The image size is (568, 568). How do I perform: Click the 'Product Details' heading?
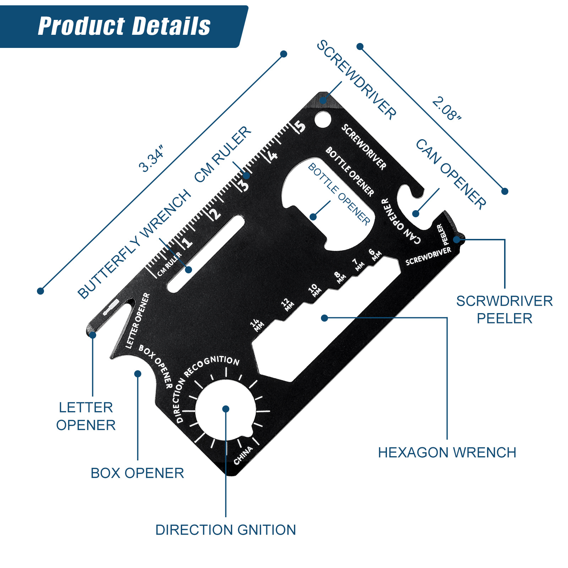(124, 26)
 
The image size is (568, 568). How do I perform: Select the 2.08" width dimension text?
(447, 108)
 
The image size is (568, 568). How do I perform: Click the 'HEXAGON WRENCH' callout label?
(447, 453)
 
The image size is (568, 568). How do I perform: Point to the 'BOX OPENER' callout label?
(137, 473)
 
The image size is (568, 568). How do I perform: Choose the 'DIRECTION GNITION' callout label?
(226, 530)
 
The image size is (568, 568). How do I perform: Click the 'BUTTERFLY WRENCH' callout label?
(134, 244)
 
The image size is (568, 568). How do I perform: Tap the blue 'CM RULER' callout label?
(223, 154)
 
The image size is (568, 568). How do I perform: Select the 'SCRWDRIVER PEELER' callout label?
(504, 310)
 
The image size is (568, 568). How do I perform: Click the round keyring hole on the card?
(322, 119)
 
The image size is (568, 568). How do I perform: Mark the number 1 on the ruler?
(187, 242)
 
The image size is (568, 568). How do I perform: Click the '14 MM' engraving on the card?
(257, 325)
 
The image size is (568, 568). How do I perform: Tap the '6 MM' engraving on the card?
(375, 255)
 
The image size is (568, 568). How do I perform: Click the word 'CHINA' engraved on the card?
(244, 455)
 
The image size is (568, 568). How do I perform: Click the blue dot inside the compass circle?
(226, 409)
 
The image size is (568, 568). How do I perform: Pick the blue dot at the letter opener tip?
(93, 335)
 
